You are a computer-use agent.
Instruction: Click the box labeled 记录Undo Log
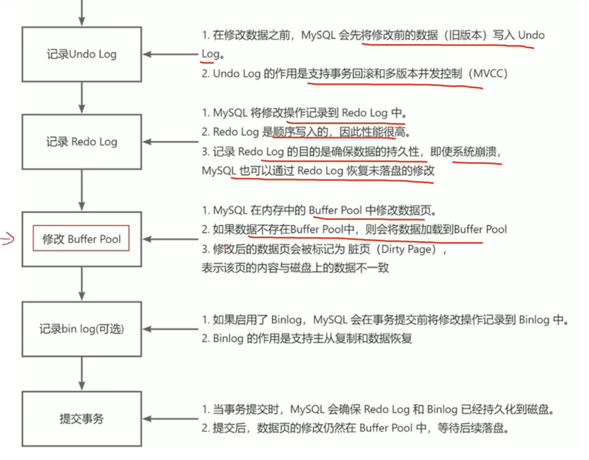click(x=81, y=54)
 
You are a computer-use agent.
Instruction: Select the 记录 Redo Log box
click(x=81, y=142)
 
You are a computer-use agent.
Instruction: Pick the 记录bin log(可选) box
click(x=81, y=329)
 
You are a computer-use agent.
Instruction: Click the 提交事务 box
click(x=81, y=419)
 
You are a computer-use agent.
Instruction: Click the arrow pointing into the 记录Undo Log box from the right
click(x=170, y=54)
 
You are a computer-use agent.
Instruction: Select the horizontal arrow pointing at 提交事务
click(x=170, y=419)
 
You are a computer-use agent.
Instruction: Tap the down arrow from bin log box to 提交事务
click(x=82, y=373)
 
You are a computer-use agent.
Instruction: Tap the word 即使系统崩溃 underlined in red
click(x=463, y=151)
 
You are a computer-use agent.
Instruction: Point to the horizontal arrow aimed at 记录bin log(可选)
click(x=170, y=329)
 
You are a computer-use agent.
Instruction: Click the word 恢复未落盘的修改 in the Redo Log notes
click(x=390, y=171)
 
